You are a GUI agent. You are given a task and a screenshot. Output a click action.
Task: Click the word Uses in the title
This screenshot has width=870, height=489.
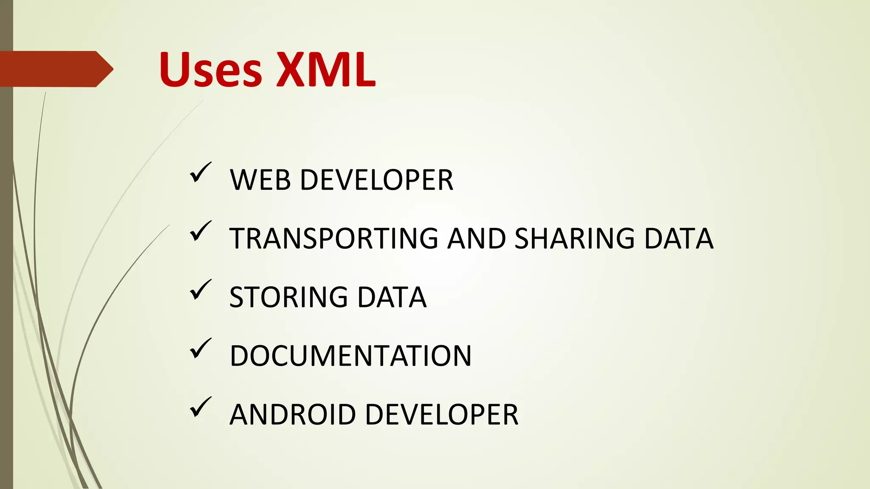click(x=211, y=70)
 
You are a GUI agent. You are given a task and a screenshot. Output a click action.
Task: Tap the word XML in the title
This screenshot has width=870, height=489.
click(x=326, y=70)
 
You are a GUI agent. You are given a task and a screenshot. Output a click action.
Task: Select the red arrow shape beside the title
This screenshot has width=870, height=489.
click(x=55, y=69)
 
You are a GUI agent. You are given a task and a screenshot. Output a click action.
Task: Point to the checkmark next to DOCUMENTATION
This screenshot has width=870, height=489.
click(x=200, y=348)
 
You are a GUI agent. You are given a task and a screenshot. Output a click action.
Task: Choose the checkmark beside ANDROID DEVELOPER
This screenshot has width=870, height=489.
click(x=200, y=407)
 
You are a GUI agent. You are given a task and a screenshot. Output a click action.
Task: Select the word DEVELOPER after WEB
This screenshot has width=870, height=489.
click(x=377, y=180)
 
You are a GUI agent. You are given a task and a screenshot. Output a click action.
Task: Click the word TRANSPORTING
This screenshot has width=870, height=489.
click(x=333, y=239)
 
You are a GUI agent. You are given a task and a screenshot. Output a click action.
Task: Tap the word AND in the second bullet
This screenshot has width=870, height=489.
click(x=476, y=239)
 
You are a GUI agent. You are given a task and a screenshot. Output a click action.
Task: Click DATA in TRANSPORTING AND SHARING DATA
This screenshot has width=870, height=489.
click(x=678, y=239)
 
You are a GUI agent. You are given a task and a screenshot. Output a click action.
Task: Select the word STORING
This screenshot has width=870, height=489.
click(x=288, y=297)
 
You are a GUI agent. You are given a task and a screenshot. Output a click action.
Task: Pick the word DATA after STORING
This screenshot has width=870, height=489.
click(x=392, y=297)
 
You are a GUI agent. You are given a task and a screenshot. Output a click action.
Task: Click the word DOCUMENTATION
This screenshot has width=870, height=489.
click(x=350, y=356)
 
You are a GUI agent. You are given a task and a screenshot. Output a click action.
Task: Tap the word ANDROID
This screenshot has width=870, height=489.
click(x=292, y=415)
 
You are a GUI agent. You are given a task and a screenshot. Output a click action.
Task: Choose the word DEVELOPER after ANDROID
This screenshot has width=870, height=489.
click(x=442, y=415)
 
